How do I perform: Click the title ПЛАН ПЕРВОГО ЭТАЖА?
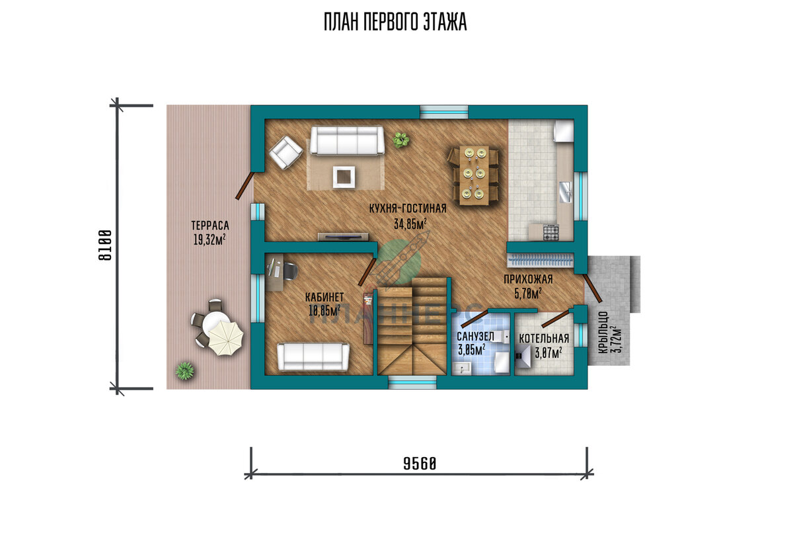[395, 22]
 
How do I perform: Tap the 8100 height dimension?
[105, 245]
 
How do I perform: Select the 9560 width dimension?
[420, 464]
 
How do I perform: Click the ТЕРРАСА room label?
[210, 226]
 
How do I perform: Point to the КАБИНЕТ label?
[324, 297]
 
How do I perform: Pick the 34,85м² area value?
[410, 224]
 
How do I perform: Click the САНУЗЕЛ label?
[475, 336]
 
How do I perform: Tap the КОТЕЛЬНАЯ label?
[544, 338]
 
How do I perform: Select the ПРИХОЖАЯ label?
[528, 279]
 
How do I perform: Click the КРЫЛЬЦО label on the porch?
[603, 332]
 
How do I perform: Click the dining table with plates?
[474, 175]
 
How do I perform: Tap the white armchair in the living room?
[285, 153]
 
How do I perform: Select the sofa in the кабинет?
[313, 357]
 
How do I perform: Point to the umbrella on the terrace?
[226, 337]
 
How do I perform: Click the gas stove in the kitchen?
[551, 232]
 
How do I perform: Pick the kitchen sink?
[566, 192]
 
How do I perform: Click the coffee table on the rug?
[344, 177]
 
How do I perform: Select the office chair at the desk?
[289, 271]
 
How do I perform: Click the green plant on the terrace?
[185, 370]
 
